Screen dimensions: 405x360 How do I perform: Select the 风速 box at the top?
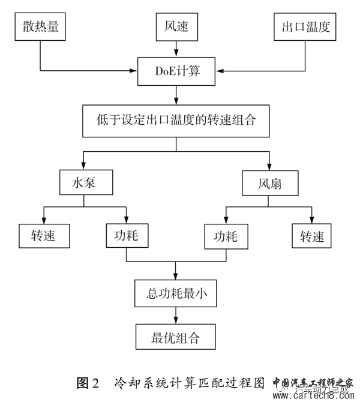coord(175,28)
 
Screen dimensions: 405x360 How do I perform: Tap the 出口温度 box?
coord(305,28)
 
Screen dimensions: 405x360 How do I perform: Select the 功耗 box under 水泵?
coord(127,235)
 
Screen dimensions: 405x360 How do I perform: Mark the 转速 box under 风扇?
coord(311,235)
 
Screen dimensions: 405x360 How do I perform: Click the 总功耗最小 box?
coord(175,293)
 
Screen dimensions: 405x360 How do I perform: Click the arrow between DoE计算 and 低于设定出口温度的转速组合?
coord(175,94)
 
